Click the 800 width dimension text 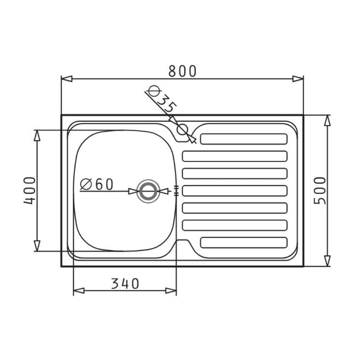[x=183, y=71]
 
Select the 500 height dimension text [x=320, y=190]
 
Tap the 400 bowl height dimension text [x=30, y=190]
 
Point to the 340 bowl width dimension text [x=125, y=284]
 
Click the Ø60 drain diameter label [x=96, y=184]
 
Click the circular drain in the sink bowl [x=148, y=191]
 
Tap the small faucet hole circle [x=183, y=130]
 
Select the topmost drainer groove [x=244, y=139]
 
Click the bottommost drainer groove [x=244, y=243]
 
